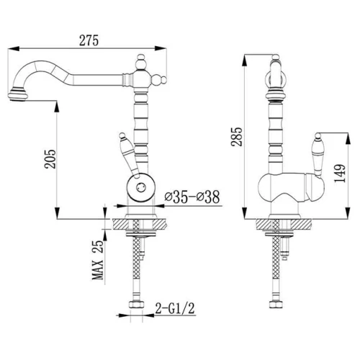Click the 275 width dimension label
click(89, 40)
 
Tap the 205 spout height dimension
click(50, 159)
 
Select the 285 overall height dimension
click(237, 137)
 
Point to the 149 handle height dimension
click(340, 174)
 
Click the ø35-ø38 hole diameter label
click(192, 197)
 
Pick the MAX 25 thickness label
click(98, 260)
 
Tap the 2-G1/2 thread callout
click(175, 308)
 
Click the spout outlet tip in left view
click(18, 96)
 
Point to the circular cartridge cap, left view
click(140, 186)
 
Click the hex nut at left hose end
click(136, 305)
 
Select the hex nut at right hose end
click(276, 305)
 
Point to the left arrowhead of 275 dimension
click(14, 49)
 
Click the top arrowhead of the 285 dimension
click(244, 60)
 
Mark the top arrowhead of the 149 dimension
click(348, 139)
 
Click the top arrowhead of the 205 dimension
click(57, 107)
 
